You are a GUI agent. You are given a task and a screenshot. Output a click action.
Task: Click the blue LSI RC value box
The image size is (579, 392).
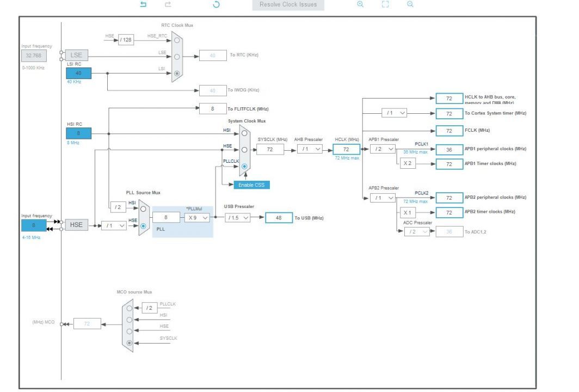coord(79,73)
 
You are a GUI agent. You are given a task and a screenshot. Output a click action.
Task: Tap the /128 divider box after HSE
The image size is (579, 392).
coord(126,39)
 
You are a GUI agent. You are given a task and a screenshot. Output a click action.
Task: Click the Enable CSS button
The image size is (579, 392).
coord(251,185)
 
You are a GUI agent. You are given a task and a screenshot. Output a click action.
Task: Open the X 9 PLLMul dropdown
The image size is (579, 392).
coord(196,218)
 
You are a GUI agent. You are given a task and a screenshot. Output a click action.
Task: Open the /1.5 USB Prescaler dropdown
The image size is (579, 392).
coord(238,218)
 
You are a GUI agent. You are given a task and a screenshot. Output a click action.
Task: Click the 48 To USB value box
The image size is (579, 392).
coord(279,218)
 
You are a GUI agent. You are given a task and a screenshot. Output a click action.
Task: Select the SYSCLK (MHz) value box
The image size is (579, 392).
coord(270,149)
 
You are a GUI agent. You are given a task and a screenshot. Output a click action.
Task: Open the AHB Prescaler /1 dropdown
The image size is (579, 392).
coord(311,149)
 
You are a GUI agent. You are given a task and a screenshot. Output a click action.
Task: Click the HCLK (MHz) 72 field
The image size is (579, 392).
coord(346,149)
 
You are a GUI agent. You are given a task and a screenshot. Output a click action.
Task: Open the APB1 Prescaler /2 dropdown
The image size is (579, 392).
coord(382,149)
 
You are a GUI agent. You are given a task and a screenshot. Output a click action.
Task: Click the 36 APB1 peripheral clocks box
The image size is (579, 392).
coord(449,149)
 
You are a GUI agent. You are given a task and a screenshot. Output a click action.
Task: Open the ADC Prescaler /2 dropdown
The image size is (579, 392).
coord(417,232)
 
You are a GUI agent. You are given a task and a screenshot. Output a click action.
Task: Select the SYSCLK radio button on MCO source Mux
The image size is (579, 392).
coord(129,342)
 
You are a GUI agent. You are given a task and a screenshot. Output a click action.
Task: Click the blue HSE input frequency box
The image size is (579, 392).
coord(34,225)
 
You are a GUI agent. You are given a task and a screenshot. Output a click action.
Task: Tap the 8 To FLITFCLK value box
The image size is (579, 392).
coord(213,108)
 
